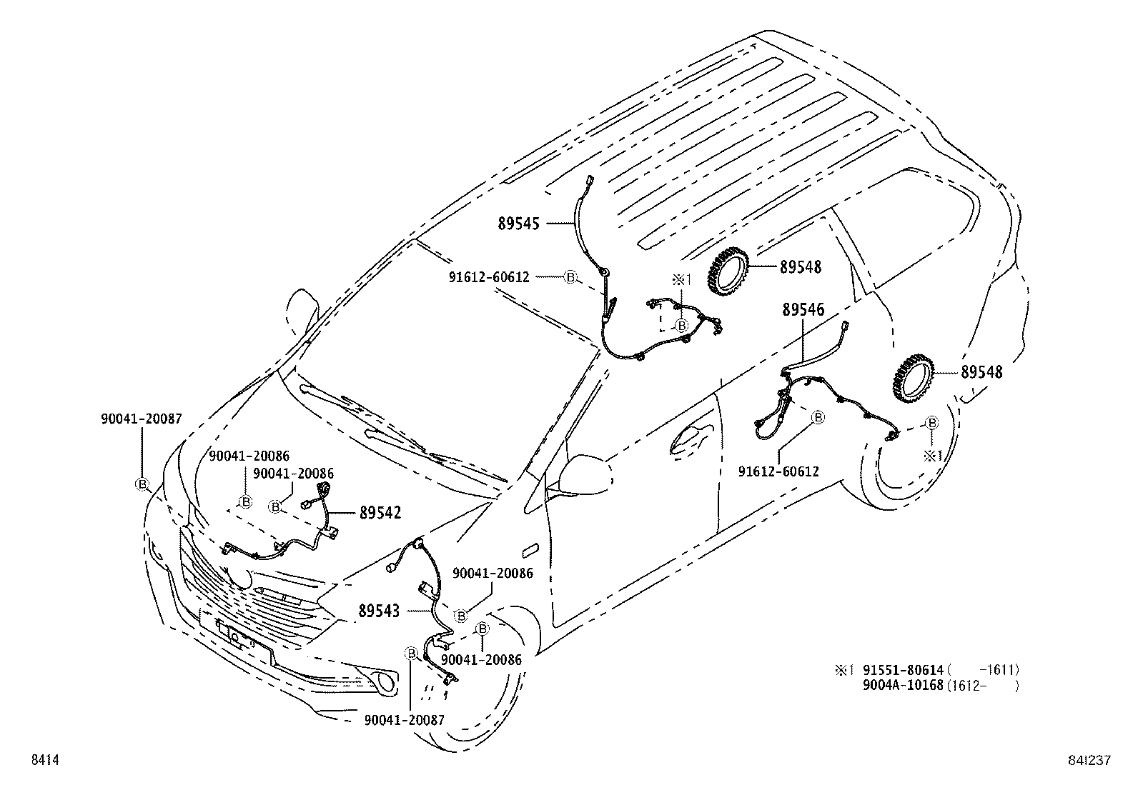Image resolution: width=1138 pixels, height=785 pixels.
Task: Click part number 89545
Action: pyautogui.click(x=520, y=224)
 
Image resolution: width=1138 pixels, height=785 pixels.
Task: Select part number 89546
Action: pyautogui.click(x=803, y=310)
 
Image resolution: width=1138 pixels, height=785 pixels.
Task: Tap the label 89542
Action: pyautogui.click(x=380, y=513)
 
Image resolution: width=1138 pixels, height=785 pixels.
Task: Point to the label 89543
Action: pyautogui.click(x=379, y=611)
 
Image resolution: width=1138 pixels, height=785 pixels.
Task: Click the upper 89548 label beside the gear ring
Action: pyautogui.click(x=801, y=267)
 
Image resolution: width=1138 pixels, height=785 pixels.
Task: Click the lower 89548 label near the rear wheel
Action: pyautogui.click(x=981, y=372)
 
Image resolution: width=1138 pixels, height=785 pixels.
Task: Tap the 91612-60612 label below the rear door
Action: pyautogui.click(x=778, y=471)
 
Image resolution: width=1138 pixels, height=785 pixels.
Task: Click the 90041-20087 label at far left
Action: pyautogui.click(x=141, y=419)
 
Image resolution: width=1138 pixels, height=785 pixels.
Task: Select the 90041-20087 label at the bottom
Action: pyautogui.click(x=404, y=720)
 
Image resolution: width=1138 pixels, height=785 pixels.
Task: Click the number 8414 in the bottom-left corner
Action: pyautogui.click(x=44, y=761)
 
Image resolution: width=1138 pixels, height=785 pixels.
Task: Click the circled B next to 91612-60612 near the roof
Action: pyautogui.click(x=570, y=277)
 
